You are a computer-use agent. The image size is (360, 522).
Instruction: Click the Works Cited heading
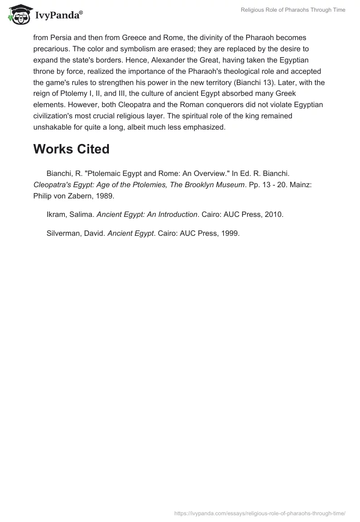pyautogui.click(x=71, y=149)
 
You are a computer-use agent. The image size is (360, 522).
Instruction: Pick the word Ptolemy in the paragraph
pyautogui.click(x=70, y=94)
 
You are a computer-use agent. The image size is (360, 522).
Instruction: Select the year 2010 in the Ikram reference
pyautogui.click(x=274, y=215)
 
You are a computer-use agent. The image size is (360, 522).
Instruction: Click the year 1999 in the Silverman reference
pyautogui.click(x=230, y=234)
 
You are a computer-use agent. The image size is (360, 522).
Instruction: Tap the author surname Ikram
pyautogui.click(x=56, y=215)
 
